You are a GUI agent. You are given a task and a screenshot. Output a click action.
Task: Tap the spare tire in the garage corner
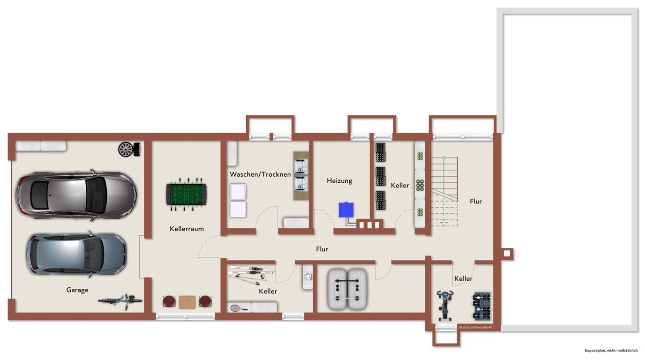point(129,150)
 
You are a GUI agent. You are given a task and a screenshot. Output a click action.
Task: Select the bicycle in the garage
point(120,301)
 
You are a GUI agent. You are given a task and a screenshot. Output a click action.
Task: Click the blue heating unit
point(346,210)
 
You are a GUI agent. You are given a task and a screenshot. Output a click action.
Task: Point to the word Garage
point(77,290)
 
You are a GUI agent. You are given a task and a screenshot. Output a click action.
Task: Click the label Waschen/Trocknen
point(260,174)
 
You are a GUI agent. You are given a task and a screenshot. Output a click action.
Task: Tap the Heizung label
point(339,181)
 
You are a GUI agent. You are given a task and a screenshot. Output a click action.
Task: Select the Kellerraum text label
point(187,229)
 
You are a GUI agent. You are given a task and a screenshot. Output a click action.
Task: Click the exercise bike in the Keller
point(444,305)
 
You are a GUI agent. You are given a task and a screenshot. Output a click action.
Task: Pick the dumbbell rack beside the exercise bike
point(482,307)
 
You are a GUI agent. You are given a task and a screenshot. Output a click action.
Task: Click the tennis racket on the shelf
point(239,308)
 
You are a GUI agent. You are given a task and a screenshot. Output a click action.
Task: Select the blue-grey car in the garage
point(76,254)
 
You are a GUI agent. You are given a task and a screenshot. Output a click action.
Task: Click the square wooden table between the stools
point(187,302)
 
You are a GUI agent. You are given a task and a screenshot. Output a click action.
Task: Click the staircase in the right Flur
point(444,192)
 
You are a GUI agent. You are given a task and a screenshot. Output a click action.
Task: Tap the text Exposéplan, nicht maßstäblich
point(611,351)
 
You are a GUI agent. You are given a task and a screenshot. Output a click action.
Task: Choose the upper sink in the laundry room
point(301,167)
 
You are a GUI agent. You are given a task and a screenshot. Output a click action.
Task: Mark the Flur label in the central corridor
point(322,249)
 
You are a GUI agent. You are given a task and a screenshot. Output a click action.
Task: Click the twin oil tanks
point(347,289)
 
